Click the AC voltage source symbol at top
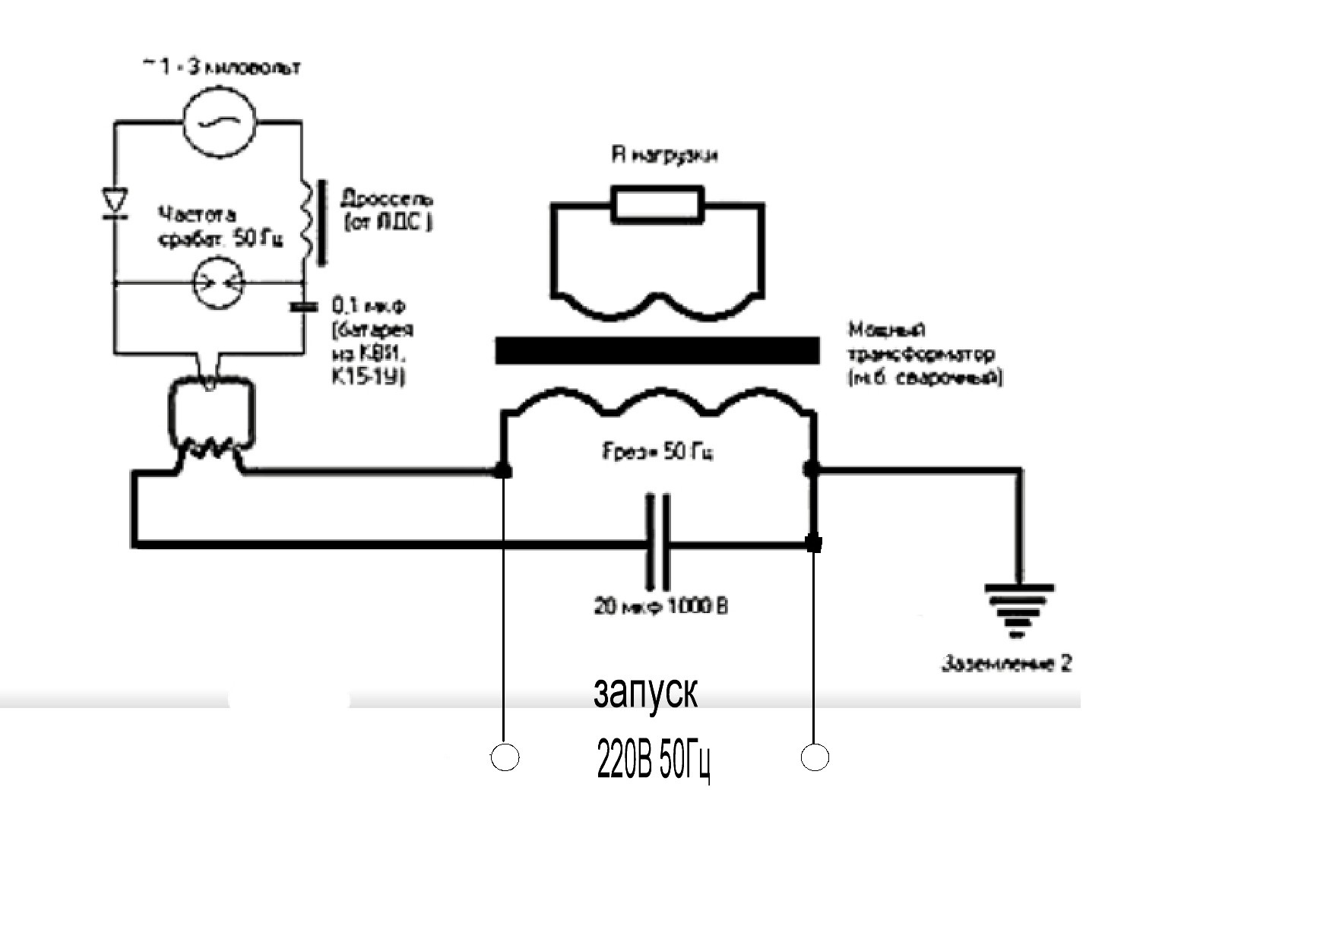pos(219,122)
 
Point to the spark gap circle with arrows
pos(218,283)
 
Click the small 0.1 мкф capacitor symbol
pos(304,307)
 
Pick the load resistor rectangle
pos(657,204)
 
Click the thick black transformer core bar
pos(657,351)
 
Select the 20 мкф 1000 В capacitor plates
pos(657,542)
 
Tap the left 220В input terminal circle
pos(505,757)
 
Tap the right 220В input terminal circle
pos(815,757)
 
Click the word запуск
pos(644,693)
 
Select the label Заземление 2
pos(1006,663)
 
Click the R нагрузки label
pos(665,156)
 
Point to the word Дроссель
pos(387,200)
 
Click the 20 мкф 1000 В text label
pos(660,606)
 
